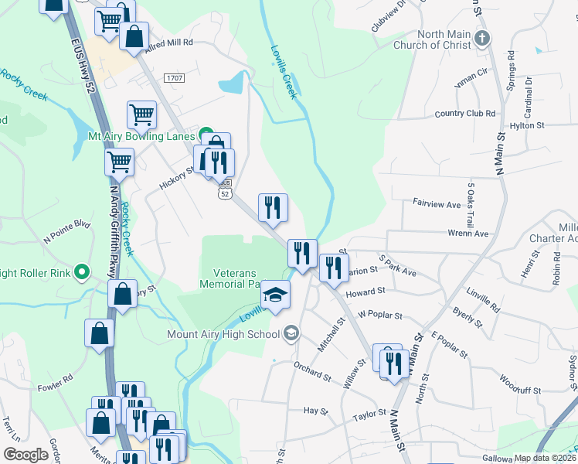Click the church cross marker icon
click(x=482, y=39)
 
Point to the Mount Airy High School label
click(x=223, y=334)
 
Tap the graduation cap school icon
click(x=274, y=295)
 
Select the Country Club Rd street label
click(x=464, y=114)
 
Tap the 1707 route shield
click(x=174, y=78)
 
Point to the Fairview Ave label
click(x=437, y=205)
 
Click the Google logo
click(x=25, y=455)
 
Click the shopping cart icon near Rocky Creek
click(x=120, y=162)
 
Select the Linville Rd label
click(x=484, y=302)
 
